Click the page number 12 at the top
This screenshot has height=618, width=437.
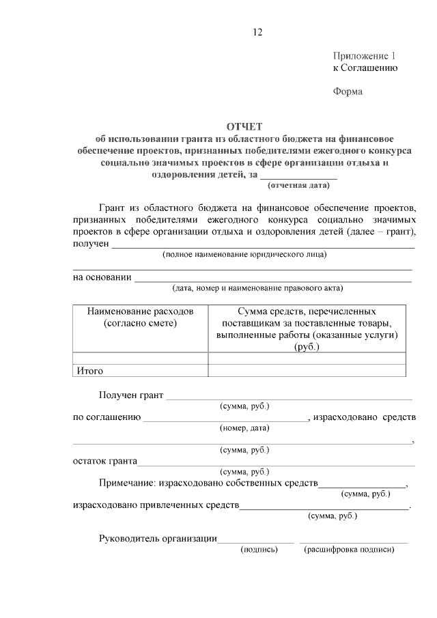[x=257, y=32]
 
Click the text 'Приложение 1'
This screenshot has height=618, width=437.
[x=364, y=55]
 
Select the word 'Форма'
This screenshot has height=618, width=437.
[x=348, y=92]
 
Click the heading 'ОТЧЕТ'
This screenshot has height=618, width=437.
[x=244, y=126]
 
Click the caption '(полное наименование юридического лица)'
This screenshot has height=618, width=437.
[x=244, y=255]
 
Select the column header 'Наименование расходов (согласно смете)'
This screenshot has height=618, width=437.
[x=140, y=317]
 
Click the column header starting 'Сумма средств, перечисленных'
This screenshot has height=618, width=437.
[x=307, y=328]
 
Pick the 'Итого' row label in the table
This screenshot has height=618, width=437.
[x=89, y=371]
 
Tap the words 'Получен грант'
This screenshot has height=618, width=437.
[x=131, y=395]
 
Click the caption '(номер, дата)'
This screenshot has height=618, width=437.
[x=244, y=428]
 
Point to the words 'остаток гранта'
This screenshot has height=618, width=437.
[x=104, y=461]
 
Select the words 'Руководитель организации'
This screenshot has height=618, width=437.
[x=158, y=539]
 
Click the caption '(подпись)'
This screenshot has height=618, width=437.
[x=259, y=550]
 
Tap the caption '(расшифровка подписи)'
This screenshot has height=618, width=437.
[x=349, y=550]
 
